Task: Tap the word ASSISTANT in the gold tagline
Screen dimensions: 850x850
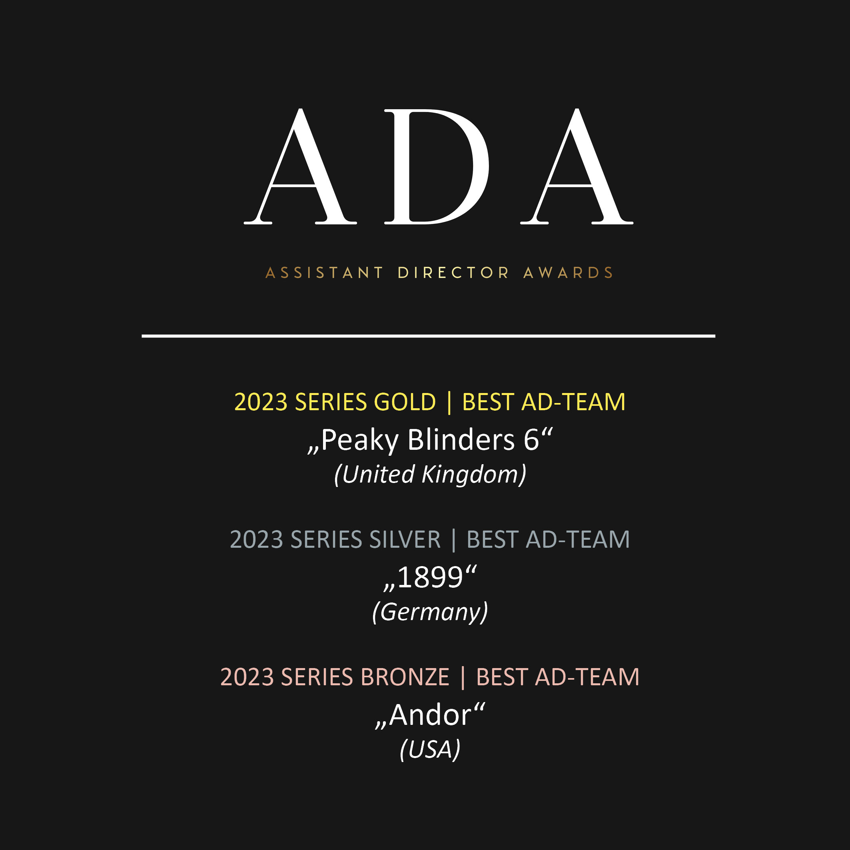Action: point(325,273)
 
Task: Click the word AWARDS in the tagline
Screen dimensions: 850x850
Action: point(569,273)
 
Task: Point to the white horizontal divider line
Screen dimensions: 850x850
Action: point(429,336)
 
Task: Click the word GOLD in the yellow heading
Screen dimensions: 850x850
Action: point(405,402)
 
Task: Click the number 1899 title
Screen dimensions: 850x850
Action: point(430,577)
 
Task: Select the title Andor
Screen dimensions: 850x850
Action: point(430,714)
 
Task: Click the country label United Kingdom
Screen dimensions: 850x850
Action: point(430,475)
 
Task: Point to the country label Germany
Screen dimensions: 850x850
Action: point(430,612)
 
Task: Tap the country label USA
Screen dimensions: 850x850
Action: point(430,749)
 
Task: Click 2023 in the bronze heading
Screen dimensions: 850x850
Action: point(247,676)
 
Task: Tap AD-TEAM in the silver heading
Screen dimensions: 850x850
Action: point(578,539)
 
